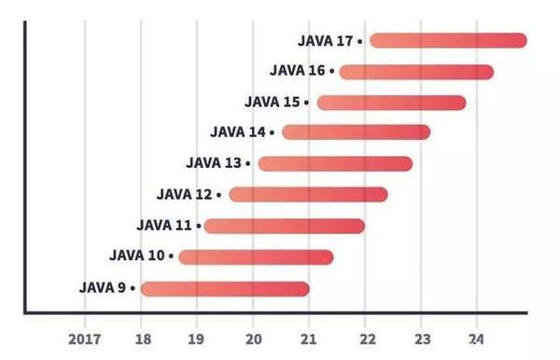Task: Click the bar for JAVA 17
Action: point(448,40)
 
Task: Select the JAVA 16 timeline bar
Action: point(416,72)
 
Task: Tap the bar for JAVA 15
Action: point(391,103)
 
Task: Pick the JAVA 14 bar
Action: point(356,132)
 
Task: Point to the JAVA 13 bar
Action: point(335,164)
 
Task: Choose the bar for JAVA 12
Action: point(308,194)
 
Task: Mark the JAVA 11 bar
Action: point(284,226)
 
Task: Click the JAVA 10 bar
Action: point(256,256)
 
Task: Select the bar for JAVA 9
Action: point(225,288)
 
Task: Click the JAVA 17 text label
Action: point(326,41)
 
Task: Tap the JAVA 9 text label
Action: point(108,287)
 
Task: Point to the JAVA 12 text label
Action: point(185,194)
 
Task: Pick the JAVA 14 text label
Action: point(238,132)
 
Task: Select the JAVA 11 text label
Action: point(163,225)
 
